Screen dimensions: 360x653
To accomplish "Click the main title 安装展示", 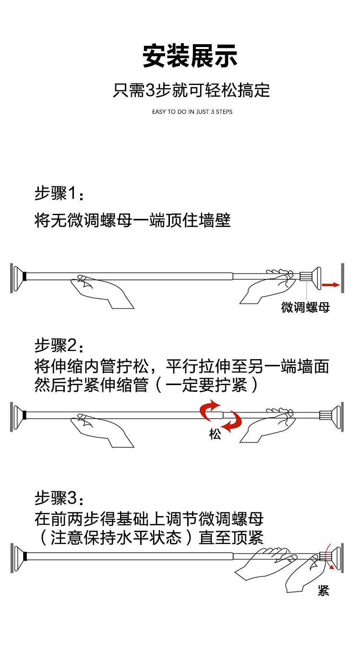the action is tap(190, 57).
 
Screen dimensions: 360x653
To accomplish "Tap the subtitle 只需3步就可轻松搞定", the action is tap(191, 90).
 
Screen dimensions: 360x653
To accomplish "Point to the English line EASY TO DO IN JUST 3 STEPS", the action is tap(192, 112).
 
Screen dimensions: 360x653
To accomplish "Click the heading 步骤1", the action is tap(59, 194).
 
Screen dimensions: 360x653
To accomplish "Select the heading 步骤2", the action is tap(59, 345).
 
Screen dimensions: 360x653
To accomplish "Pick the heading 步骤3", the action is tap(59, 498).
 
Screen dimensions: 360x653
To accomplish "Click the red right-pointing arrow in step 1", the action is tap(330, 285).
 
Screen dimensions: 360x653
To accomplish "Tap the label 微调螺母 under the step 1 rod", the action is tap(306, 307).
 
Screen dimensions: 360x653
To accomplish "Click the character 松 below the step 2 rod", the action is tap(215, 435).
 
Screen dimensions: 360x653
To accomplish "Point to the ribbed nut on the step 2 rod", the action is tap(325, 414).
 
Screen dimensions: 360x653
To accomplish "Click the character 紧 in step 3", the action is tap(324, 591).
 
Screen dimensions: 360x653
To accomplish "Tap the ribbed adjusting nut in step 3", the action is tap(325, 556).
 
